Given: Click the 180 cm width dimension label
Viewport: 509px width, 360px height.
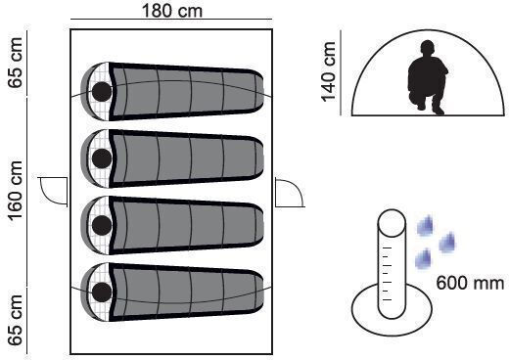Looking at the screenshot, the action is click(x=172, y=11).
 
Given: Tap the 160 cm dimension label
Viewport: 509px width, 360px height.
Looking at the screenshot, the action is click(x=16, y=191).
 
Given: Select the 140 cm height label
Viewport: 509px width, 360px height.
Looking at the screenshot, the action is click(x=329, y=71).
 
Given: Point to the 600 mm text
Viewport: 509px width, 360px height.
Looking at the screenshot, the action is click(x=470, y=283).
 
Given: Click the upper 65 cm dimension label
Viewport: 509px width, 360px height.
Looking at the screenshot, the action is click(x=16, y=63).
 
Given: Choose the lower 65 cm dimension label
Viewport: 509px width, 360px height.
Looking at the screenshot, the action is click(x=16, y=320).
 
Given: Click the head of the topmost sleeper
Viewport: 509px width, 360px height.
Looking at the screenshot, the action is click(x=102, y=92).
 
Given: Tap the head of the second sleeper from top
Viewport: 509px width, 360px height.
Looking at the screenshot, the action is click(x=102, y=158).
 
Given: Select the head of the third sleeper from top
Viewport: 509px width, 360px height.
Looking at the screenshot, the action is click(x=102, y=225).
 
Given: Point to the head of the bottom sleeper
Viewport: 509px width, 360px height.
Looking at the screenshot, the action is click(x=102, y=292).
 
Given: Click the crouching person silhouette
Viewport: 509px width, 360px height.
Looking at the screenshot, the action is click(x=428, y=77).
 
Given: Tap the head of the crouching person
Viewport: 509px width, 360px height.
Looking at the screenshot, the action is click(x=428, y=48).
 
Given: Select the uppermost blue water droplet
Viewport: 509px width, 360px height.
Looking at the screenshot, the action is click(x=425, y=225).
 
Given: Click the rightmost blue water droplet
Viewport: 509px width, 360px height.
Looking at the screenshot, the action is click(x=447, y=243).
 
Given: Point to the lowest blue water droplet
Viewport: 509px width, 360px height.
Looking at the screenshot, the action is click(x=423, y=259).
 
